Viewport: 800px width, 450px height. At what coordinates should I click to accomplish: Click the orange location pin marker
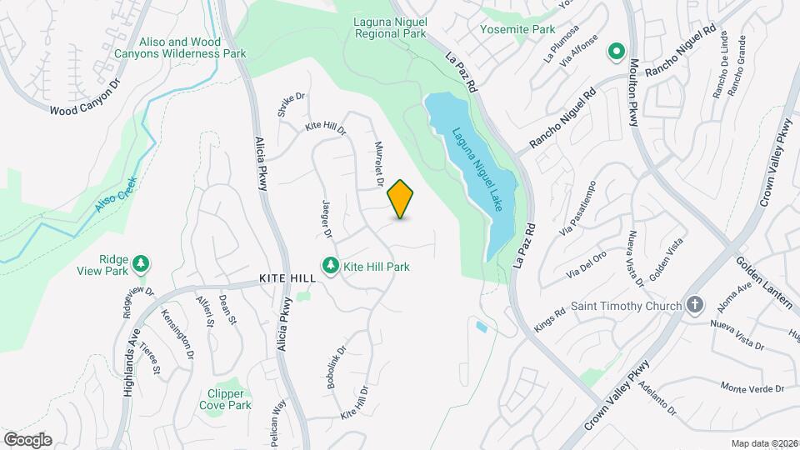coord(401,198)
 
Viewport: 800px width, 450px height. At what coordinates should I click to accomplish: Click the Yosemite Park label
coord(517,29)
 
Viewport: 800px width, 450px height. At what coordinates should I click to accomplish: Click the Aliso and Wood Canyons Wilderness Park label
coord(193,47)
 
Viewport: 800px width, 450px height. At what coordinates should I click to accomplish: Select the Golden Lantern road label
coord(767,280)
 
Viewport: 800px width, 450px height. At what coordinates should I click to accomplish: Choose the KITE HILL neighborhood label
coord(287,278)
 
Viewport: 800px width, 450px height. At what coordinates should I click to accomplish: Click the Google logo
coord(27,439)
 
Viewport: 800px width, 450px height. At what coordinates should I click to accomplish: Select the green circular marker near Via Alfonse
coord(617,52)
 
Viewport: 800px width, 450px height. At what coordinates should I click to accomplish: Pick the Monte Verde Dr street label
coord(752,388)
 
